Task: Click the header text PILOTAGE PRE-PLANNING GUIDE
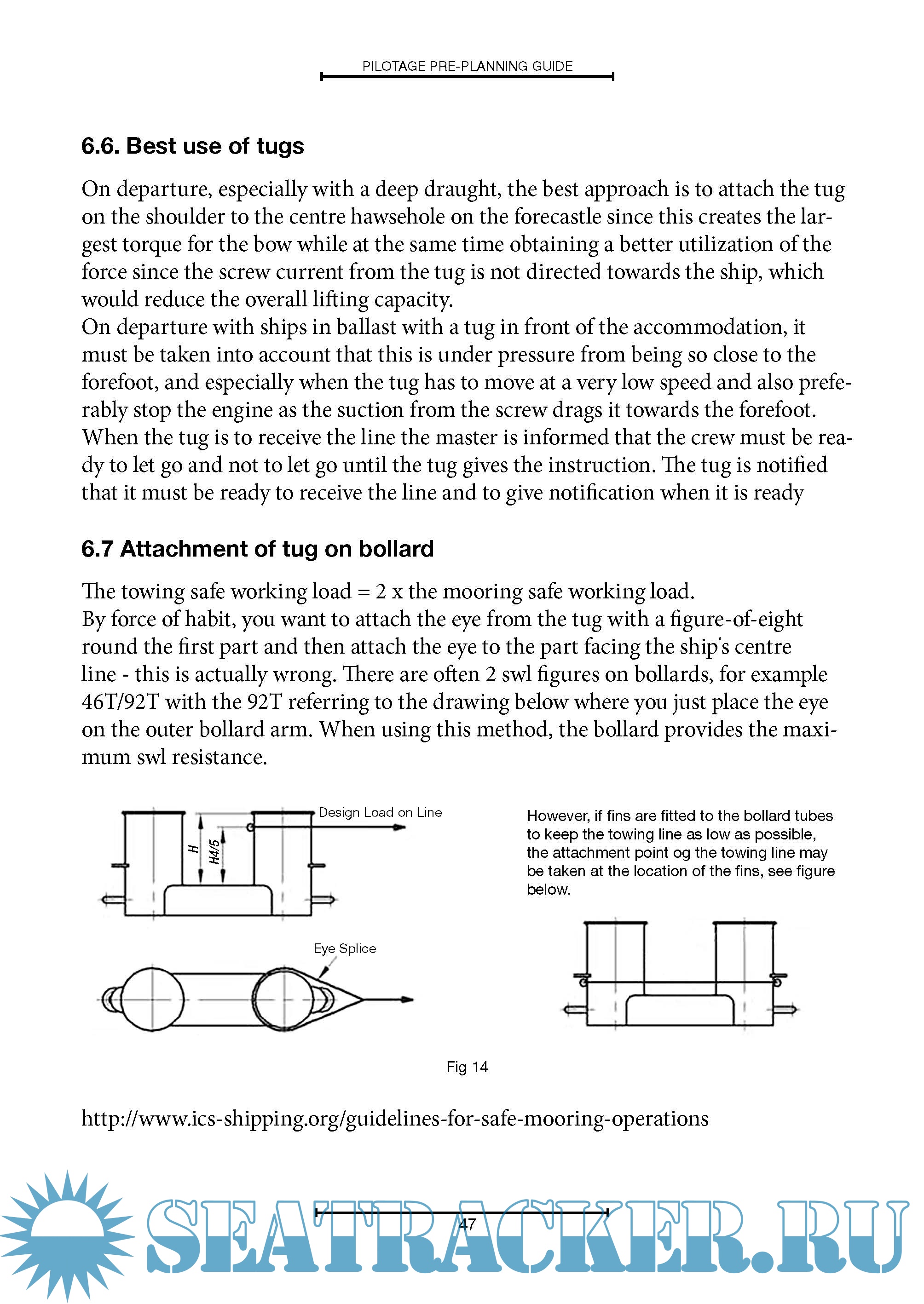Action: click(467, 67)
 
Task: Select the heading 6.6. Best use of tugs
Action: click(192, 146)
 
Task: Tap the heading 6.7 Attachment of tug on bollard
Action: click(257, 549)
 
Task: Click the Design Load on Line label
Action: click(380, 813)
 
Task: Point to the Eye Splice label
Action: click(345, 948)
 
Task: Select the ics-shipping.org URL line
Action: click(395, 1119)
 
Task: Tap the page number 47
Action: click(467, 1224)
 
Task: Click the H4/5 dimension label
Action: click(214, 851)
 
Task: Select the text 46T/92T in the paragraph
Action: click(120, 702)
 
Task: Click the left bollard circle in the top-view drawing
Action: click(152, 999)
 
